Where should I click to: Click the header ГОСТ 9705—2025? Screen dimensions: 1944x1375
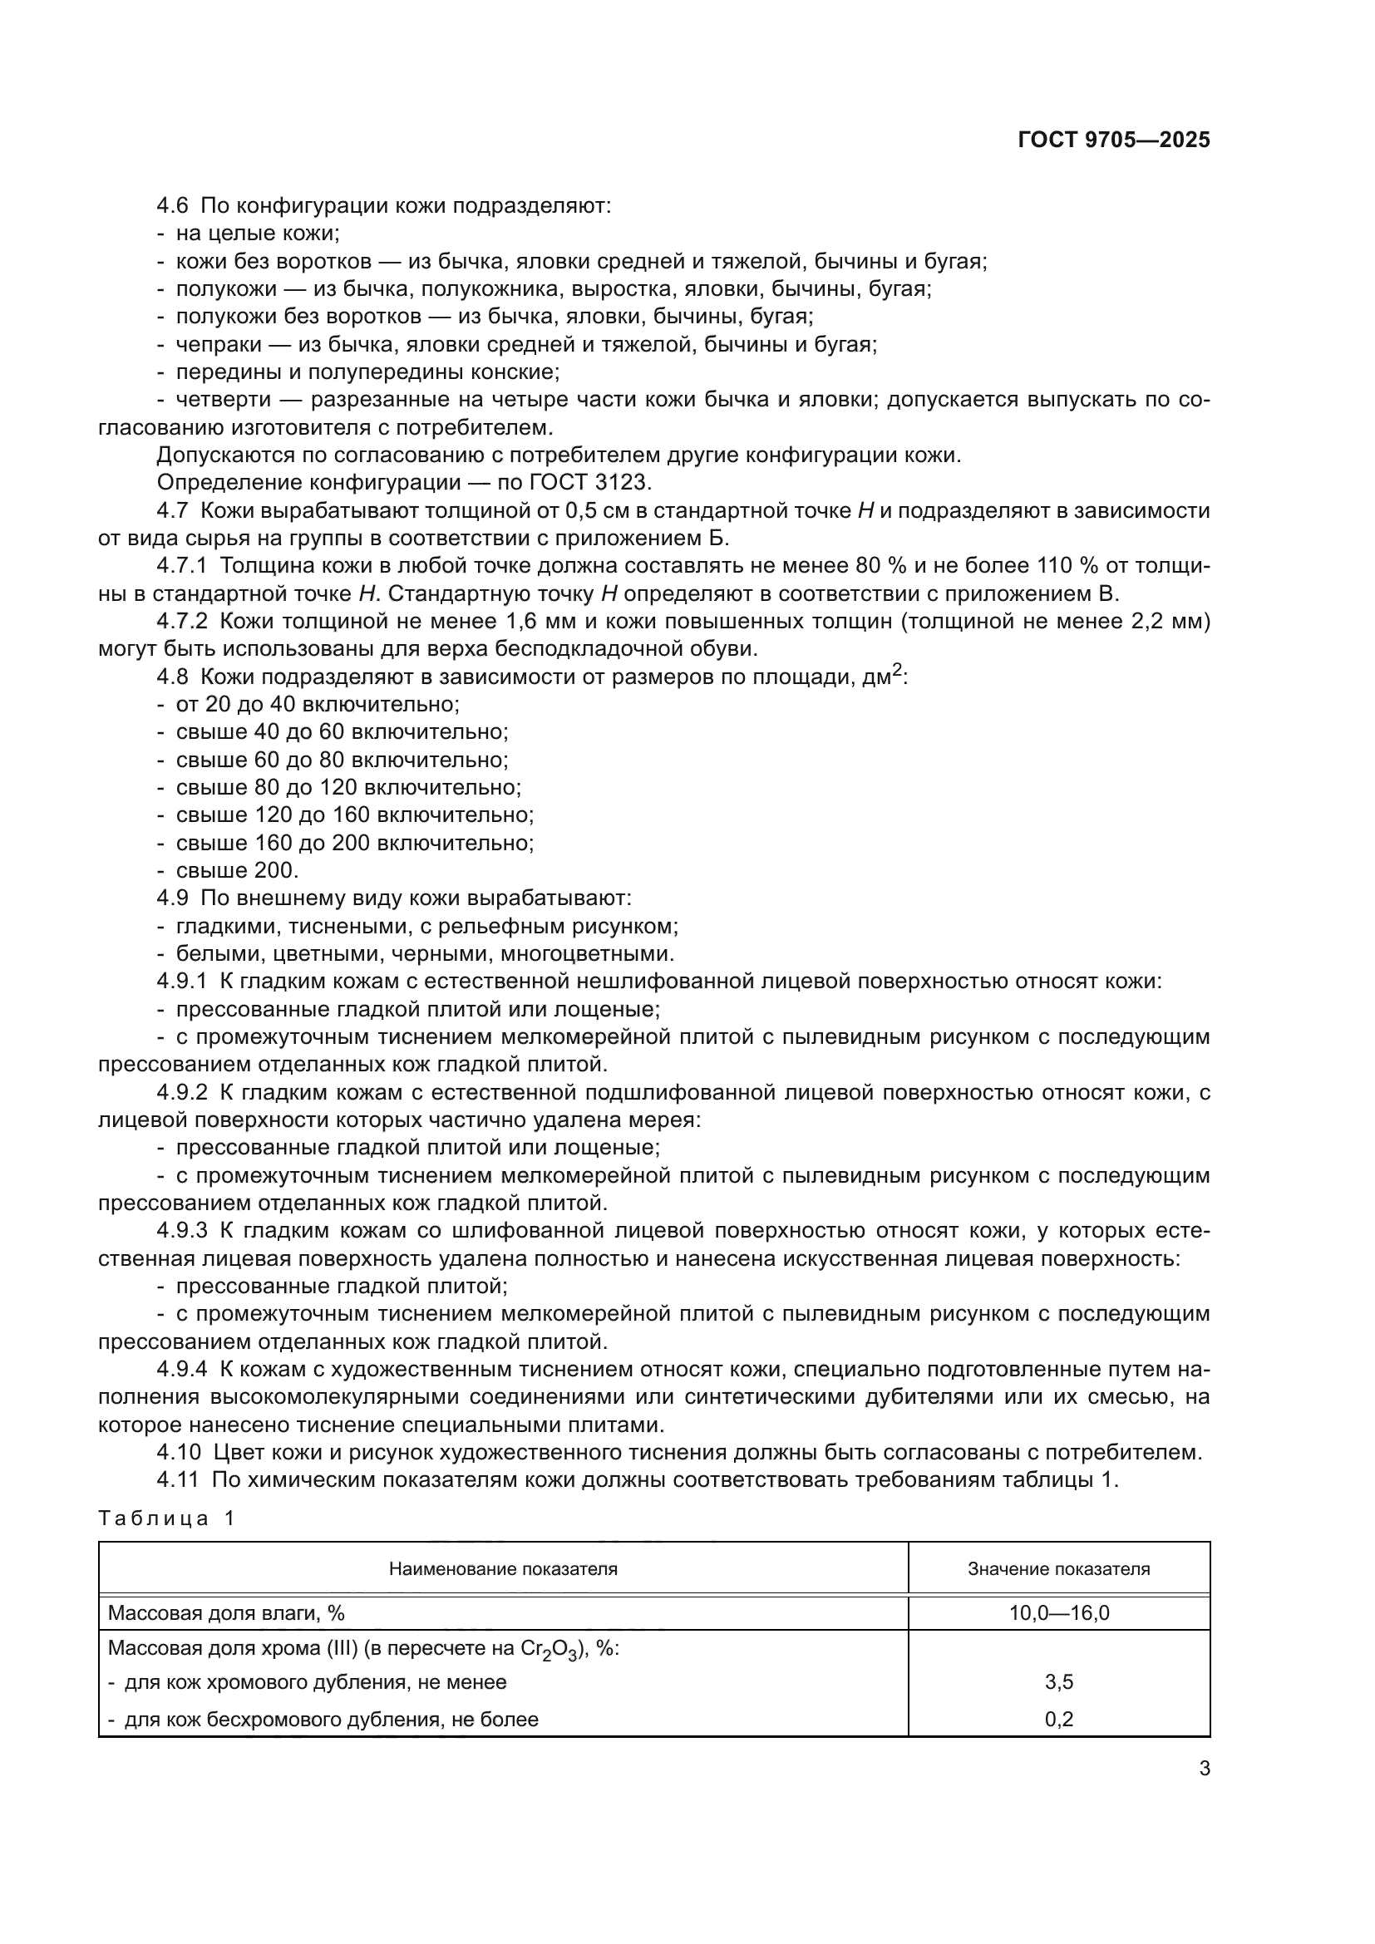point(1113,140)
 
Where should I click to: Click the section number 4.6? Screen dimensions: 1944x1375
point(173,206)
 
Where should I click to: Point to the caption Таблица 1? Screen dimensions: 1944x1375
point(166,1518)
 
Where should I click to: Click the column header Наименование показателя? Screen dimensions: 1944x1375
point(503,1569)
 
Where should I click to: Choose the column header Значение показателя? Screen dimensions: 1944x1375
point(1058,1569)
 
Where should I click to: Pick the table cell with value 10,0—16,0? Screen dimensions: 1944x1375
point(1058,1613)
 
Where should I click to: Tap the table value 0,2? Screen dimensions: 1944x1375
point(1058,1720)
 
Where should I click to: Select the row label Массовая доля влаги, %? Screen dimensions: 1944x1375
point(226,1613)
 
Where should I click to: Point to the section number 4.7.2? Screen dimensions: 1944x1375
point(182,622)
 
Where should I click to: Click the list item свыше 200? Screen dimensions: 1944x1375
point(237,870)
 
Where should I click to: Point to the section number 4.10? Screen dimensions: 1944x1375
point(179,1453)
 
